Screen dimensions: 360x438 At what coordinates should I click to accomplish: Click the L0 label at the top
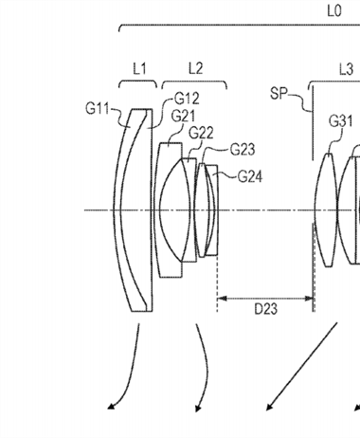[334, 11]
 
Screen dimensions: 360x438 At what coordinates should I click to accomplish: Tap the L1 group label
[139, 68]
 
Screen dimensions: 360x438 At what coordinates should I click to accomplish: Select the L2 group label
[195, 68]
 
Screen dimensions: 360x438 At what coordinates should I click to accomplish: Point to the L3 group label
[346, 69]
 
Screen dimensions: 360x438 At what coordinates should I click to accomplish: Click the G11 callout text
[97, 109]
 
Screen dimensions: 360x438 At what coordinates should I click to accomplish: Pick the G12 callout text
[187, 99]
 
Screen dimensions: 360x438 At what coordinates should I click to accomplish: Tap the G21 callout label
[184, 116]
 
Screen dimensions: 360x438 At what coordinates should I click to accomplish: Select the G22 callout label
[201, 133]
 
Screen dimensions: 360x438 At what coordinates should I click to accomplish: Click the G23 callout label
[243, 150]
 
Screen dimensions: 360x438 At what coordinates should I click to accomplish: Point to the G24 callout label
[250, 177]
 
